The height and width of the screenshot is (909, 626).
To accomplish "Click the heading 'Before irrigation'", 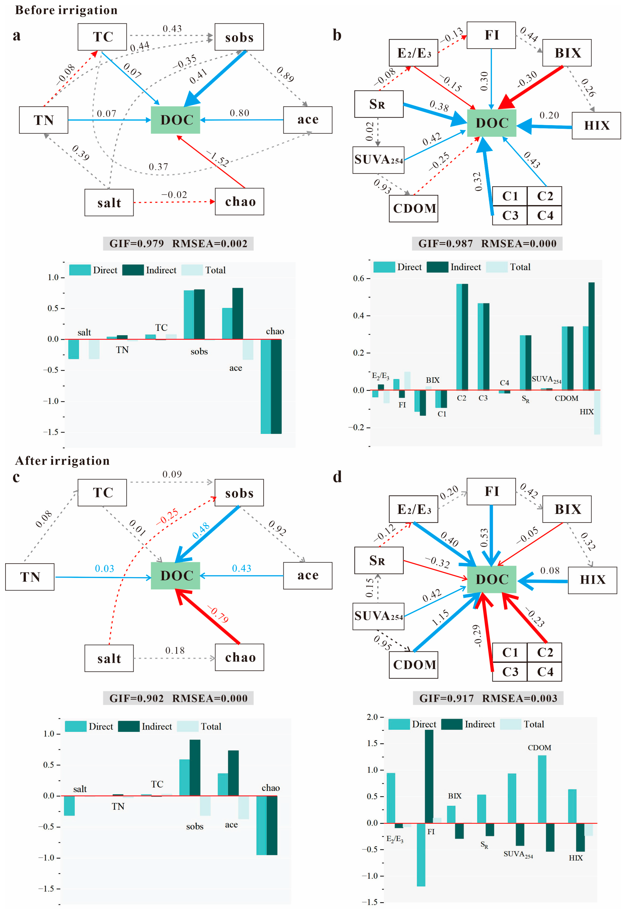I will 66,10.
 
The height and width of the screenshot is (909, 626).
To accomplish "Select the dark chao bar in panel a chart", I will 276,386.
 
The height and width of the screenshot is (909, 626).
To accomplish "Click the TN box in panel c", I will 30,577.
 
